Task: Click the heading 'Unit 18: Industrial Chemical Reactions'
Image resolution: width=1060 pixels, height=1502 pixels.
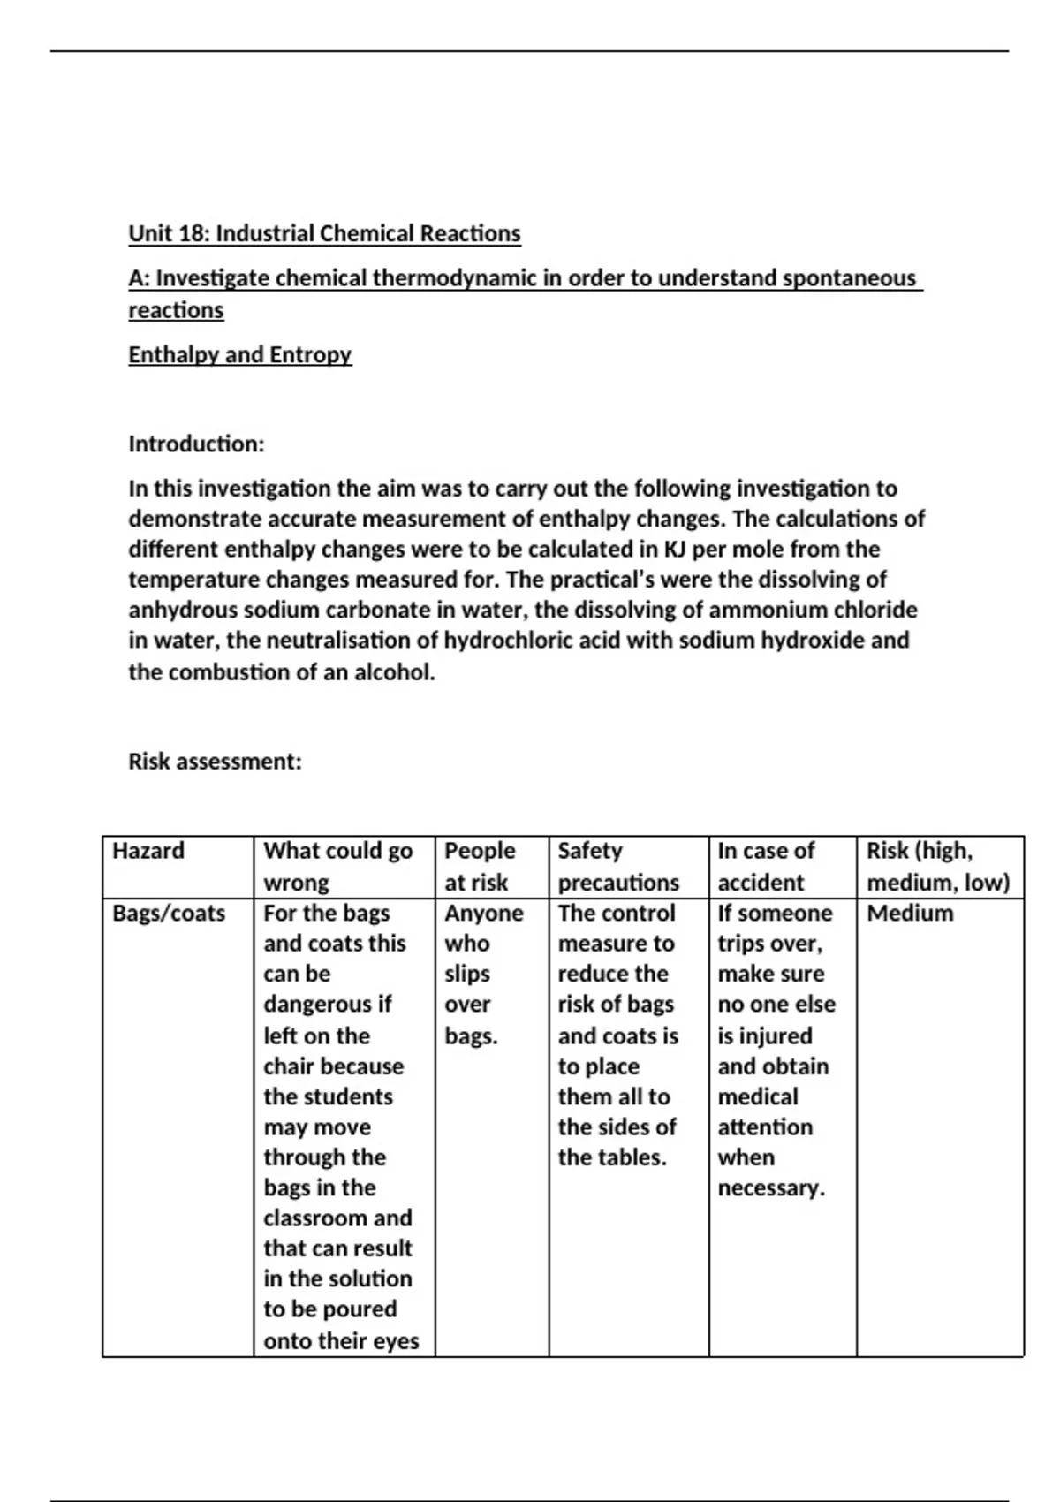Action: (324, 234)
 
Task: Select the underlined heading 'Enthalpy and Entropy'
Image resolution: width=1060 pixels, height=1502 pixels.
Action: (239, 355)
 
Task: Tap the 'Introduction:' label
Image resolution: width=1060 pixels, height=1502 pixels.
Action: (196, 444)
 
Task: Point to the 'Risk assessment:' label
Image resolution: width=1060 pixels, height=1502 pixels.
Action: (215, 762)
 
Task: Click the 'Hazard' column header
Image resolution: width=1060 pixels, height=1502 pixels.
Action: (148, 851)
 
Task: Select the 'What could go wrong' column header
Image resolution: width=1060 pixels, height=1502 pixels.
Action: (337, 867)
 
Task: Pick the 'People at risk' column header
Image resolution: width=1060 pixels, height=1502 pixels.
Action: (480, 867)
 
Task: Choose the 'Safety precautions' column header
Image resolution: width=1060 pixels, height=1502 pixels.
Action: (618, 867)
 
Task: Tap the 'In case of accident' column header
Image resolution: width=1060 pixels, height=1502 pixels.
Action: (765, 867)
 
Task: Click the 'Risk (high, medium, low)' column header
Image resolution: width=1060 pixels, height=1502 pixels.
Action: (937, 867)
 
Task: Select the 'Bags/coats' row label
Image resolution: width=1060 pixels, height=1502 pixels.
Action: (169, 914)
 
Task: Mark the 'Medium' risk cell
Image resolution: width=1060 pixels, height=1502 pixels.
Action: (910, 914)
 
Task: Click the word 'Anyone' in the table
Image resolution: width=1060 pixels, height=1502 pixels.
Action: (483, 914)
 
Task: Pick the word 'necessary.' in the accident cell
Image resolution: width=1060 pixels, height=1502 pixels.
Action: (771, 1188)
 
